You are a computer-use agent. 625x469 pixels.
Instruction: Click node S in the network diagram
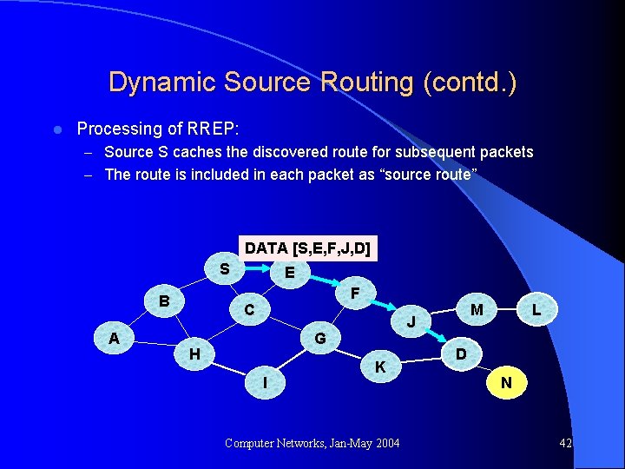[x=224, y=268]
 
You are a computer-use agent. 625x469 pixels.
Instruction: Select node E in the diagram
[x=289, y=273]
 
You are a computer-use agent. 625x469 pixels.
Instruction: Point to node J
[x=413, y=321]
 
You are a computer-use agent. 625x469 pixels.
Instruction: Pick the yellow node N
[x=506, y=382]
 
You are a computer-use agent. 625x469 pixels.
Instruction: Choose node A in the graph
[x=114, y=338]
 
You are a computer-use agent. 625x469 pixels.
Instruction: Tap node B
[x=163, y=301]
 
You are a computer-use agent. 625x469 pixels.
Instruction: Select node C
[x=248, y=309]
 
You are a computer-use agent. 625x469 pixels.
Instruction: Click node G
[x=319, y=337]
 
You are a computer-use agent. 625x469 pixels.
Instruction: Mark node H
[x=194, y=353]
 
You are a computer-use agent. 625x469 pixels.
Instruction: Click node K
[x=379, y=367]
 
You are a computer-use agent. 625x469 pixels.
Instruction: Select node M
[x=477, y=309]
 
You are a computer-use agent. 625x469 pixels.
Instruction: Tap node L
[x=537, y=309]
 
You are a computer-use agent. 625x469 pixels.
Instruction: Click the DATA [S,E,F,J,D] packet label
[x=308, y=248]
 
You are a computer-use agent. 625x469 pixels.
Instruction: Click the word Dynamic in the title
[x=161, y=83]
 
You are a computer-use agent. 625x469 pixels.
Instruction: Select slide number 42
[x=565, y=444]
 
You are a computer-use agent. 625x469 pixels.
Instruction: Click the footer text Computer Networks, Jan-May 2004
[x=312, y=444]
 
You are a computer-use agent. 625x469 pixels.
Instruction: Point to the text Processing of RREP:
[x=156, y=129]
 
